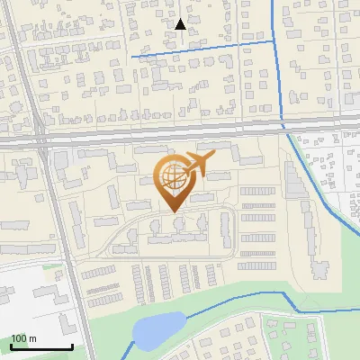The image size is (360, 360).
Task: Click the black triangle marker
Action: pos(180,23)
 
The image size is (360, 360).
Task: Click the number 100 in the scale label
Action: pos(19,338)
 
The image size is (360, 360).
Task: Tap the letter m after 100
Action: pos(32,338)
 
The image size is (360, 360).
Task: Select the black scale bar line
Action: pos(41,346)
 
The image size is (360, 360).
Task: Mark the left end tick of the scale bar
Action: pos(11,345)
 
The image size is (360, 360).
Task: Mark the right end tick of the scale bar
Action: pos(72,345)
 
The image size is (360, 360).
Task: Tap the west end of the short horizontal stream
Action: pos(132,57)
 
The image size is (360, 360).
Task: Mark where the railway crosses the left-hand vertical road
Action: pos(41,139)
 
